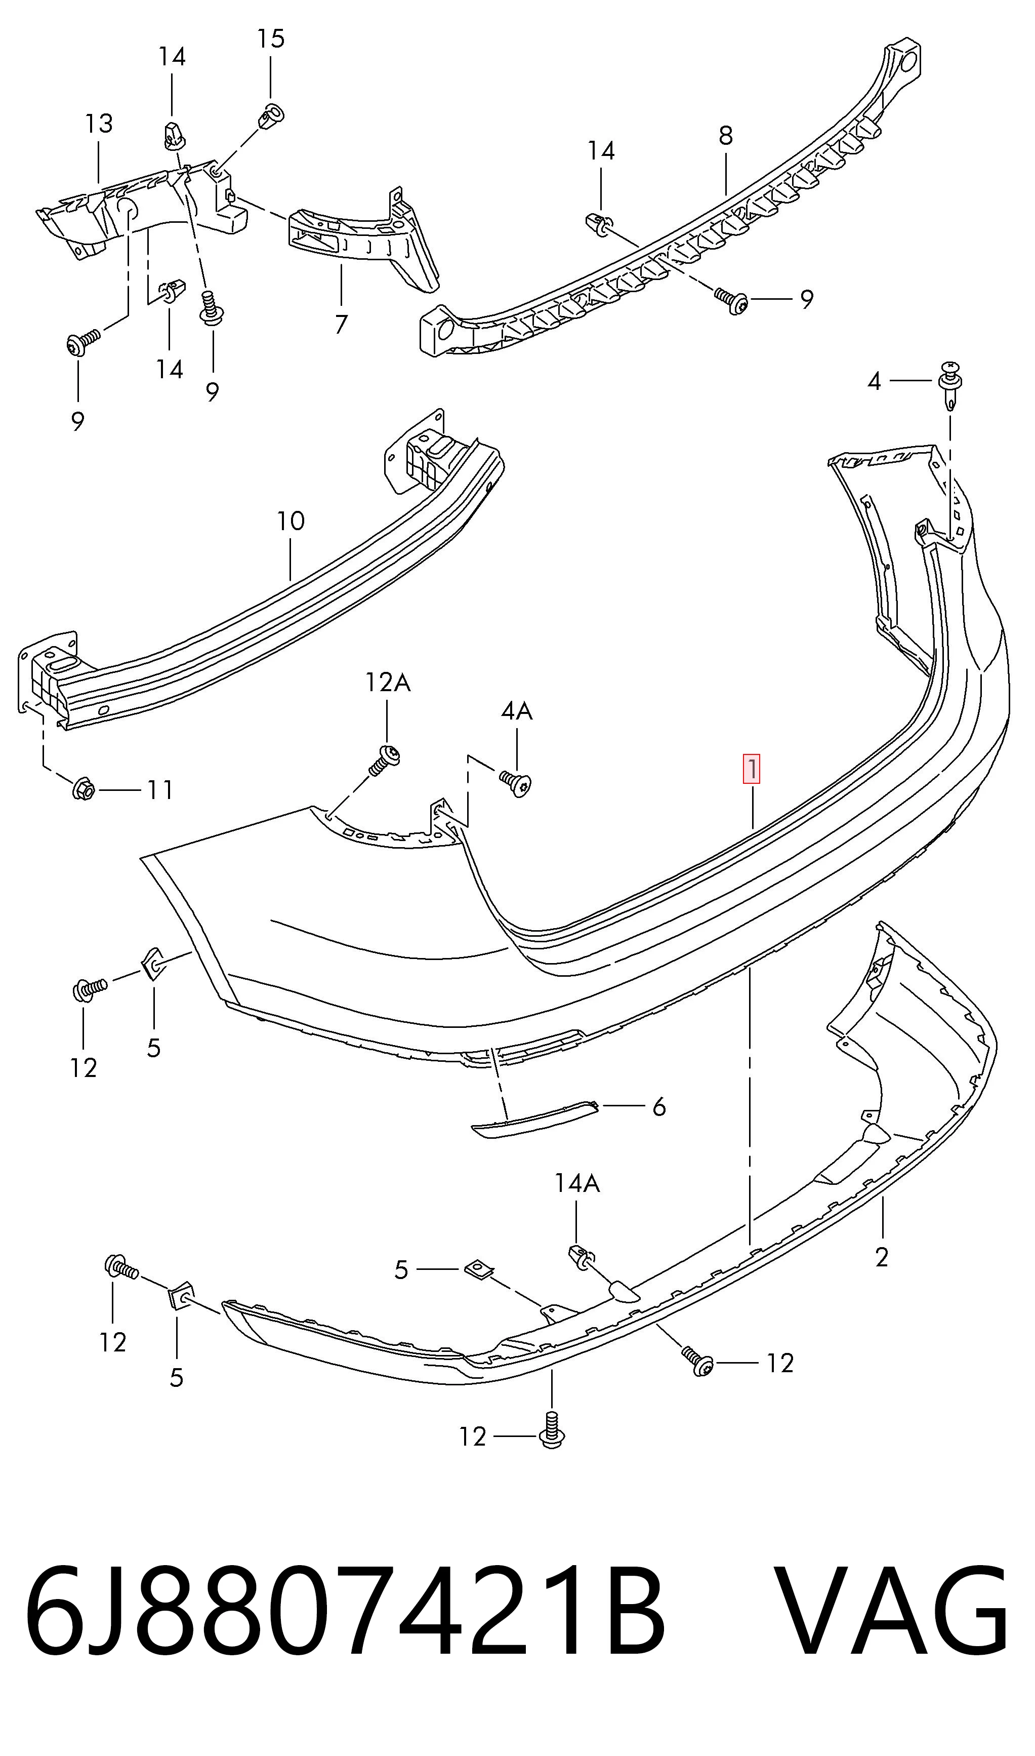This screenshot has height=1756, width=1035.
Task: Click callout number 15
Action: [271, 38]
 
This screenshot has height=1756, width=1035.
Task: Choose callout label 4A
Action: [517, 711]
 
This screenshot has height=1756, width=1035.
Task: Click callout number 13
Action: [99, 124]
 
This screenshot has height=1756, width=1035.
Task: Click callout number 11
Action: [160, 790]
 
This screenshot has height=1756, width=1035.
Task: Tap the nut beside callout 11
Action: [83, 789]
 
